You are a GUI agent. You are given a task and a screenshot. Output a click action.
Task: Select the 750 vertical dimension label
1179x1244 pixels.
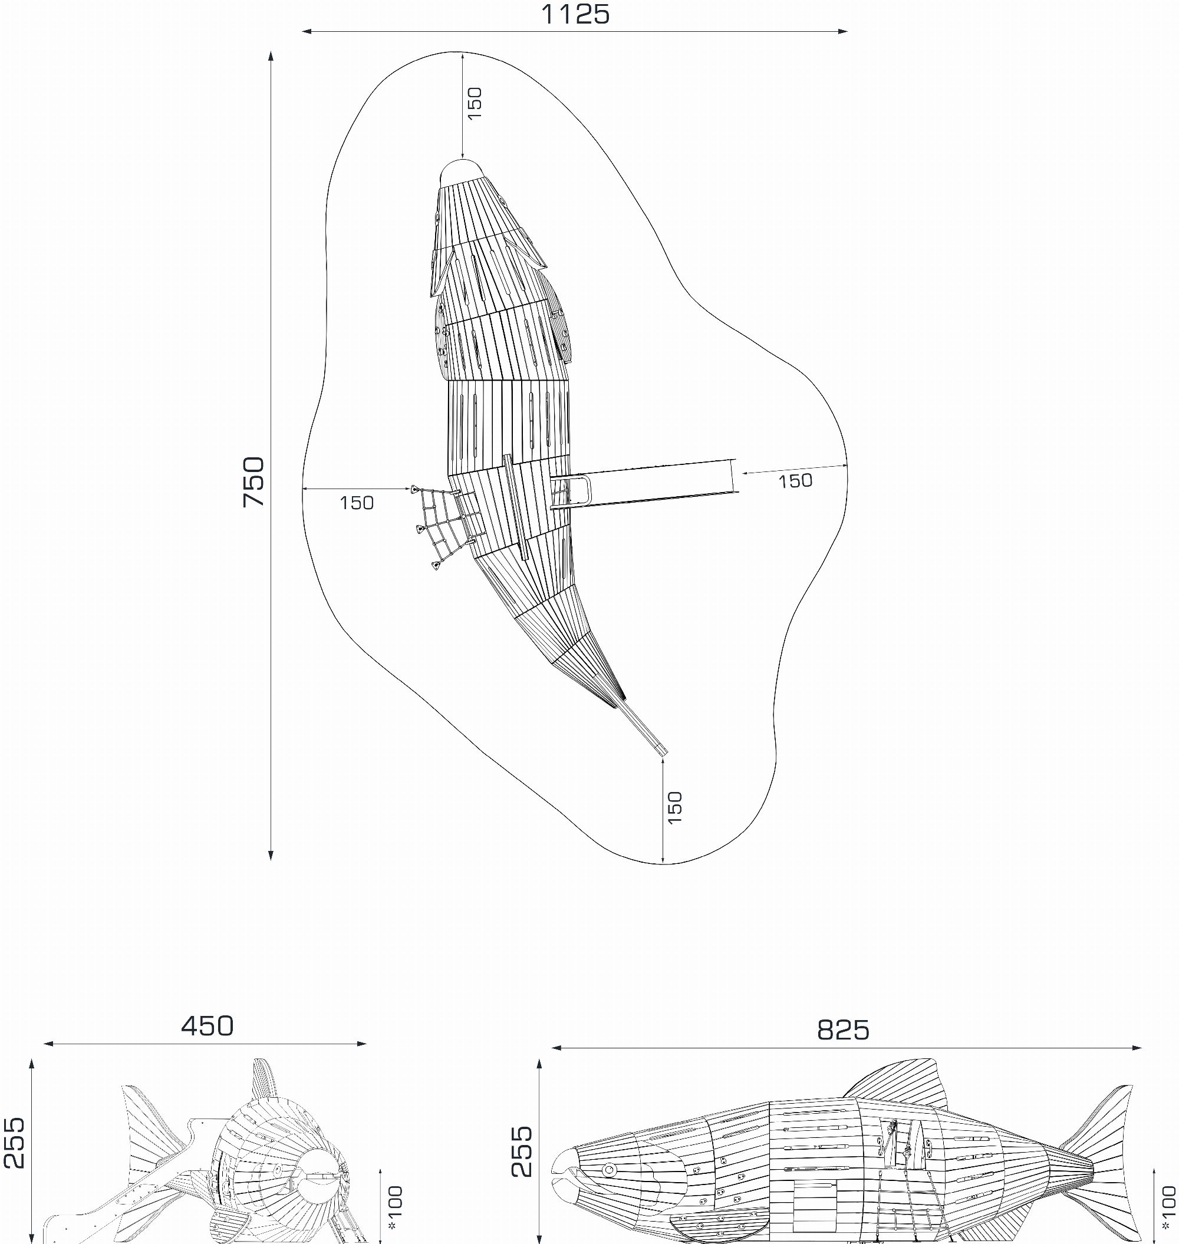255,482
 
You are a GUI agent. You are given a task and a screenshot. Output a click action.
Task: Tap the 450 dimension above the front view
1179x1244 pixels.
208,1026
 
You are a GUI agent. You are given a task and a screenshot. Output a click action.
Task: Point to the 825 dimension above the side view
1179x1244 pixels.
844,1031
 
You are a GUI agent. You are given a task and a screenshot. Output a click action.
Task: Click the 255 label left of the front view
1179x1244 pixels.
14,1143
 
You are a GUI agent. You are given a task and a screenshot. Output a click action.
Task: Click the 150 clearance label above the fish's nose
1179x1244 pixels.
475,103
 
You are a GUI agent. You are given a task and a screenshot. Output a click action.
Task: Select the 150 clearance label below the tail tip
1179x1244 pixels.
674,808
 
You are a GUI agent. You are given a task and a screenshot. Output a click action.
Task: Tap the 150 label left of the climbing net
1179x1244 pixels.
357,503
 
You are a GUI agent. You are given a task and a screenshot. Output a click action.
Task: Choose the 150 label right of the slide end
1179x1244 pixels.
796,481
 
